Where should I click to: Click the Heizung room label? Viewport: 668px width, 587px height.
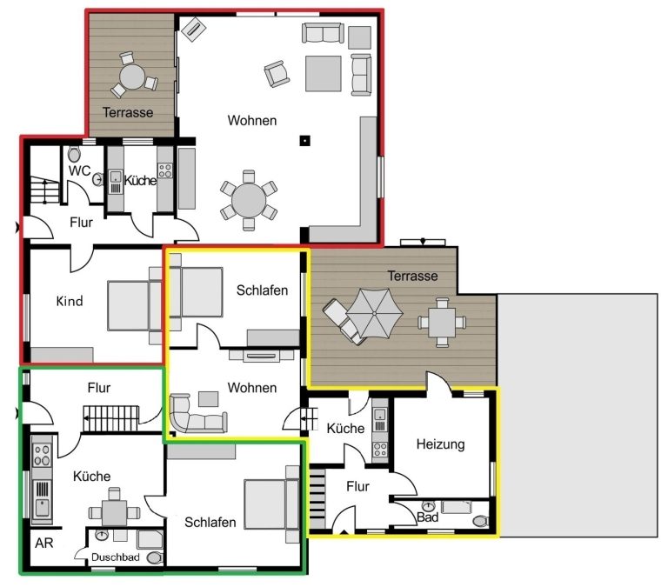click(440, 444)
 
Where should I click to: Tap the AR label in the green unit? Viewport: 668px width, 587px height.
click(44, 544)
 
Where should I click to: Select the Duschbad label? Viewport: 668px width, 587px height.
click(115, 557)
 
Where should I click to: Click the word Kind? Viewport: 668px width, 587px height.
click(70, 301)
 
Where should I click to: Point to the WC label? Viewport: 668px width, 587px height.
click(80, 170)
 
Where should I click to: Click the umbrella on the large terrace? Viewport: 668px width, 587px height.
click(374, 314)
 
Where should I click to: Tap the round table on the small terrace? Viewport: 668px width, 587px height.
click(132, 77)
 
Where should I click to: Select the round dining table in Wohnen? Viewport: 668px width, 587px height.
click(249, 200)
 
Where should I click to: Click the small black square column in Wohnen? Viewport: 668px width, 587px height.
click(304, 141)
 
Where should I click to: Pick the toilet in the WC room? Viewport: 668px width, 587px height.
click(74, 154)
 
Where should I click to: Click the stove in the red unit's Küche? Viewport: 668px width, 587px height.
click(165, 170)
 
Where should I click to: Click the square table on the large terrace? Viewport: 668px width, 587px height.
click(442, 323)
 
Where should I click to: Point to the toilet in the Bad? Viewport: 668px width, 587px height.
click(480, 521)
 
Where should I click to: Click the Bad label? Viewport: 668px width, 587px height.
click(427, 517)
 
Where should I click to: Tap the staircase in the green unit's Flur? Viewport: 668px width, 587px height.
click(110, 418)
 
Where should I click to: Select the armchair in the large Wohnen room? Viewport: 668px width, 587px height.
click(277, 73)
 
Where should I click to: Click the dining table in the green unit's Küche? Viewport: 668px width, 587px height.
click(114, 513)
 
